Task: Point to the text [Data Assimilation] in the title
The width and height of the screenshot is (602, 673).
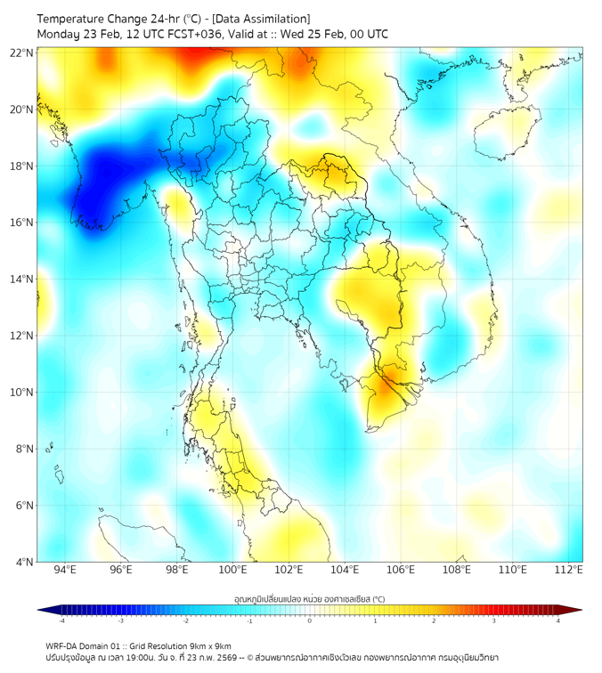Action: (260, 19)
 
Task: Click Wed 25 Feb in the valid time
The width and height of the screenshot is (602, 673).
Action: (312, 34)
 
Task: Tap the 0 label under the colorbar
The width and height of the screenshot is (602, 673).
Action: (309, 620)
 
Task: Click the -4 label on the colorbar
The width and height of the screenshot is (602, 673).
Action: (61, 620)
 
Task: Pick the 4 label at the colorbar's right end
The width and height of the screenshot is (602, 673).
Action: (557, 620)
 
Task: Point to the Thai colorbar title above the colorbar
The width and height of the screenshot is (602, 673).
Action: (309, 599)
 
